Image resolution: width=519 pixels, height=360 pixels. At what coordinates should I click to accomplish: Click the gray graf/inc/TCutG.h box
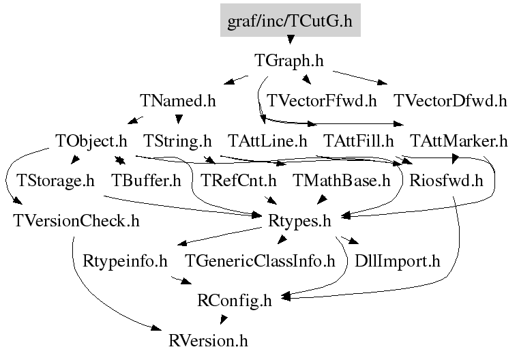click(291, 20)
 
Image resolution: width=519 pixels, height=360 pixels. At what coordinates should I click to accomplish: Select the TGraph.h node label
click(289, 61)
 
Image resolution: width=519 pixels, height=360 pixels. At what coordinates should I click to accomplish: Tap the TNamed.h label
click(178, 101)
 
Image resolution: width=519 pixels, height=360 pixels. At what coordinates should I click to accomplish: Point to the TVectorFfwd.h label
click(322, 101)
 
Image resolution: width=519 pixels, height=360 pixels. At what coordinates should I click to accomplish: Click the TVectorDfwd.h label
click(451, 101)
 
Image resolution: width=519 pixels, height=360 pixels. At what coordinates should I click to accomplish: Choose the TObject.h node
click(91, 141)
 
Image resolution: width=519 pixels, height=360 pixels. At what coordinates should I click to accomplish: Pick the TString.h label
click(177, 141)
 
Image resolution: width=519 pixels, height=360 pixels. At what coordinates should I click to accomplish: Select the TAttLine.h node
click(267, 141)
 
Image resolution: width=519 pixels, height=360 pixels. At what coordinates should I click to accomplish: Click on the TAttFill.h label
click(359, 141)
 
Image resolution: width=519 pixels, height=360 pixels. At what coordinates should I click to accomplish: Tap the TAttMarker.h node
click(459, 141)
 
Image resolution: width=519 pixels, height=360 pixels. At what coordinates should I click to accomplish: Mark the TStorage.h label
click(56, 181)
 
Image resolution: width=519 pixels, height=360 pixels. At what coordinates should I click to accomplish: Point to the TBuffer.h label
click(147, 181)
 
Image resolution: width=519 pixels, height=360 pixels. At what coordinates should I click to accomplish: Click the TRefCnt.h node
click(238, 181)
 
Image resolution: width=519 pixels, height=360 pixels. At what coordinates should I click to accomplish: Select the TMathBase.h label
click(341, 181)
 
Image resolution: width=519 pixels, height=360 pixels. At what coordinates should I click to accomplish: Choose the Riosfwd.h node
click(446, 181)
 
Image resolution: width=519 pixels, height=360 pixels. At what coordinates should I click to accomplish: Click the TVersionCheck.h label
click(76, 221)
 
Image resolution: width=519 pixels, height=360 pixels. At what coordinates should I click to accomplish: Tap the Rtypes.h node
click(299, 222)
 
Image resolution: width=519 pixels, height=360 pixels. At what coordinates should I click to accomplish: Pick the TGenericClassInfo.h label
click(260, 261)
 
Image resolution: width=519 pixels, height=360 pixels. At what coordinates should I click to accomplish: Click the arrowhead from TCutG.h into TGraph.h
click(291, 40)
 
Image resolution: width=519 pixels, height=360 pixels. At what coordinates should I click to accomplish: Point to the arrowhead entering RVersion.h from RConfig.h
click(224, 320)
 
